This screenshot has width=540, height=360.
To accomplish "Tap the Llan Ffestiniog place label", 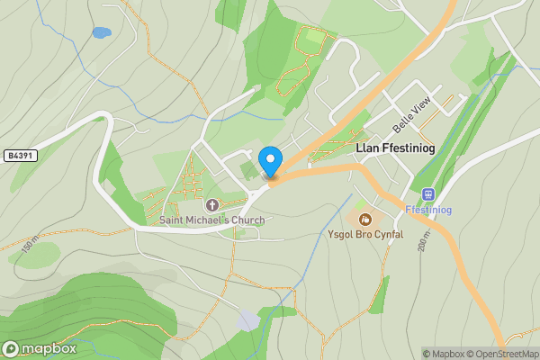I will tap(401, 150).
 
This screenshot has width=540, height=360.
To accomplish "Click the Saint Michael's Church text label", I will tap(212, 220).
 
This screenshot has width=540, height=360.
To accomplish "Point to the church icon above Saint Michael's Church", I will tap(212, 205).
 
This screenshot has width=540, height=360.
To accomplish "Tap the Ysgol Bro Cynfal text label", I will tap(364, 235).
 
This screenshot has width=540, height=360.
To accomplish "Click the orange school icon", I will tap(364, 219).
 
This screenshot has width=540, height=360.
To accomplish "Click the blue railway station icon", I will tap(428, 193).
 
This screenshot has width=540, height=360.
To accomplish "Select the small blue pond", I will tap(101, 33).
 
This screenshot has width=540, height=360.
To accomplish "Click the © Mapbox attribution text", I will tap(447, 354).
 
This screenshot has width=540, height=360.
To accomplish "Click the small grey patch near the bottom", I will tap(248, 320).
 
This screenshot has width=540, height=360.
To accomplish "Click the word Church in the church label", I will tap(246, 220).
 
